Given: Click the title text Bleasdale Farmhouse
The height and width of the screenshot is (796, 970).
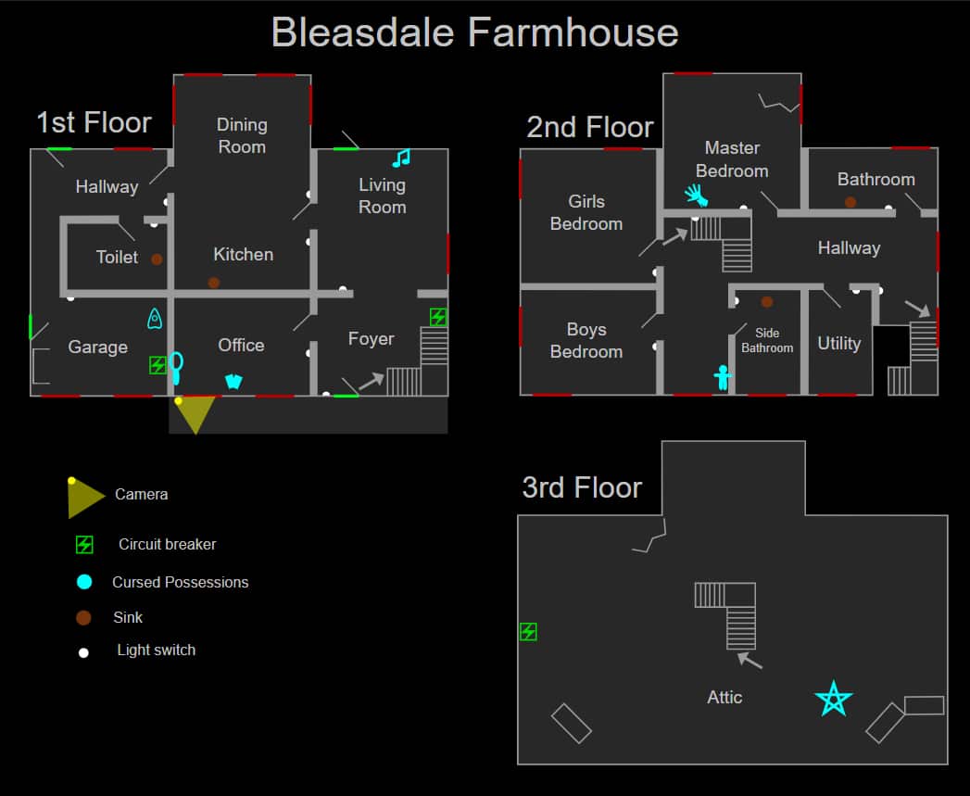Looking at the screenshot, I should click(x=474, y=32).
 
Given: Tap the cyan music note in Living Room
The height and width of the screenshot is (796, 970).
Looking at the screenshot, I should click(x=401, y=158).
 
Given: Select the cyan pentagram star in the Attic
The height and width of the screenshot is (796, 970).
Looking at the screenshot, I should click(x=833, y=699).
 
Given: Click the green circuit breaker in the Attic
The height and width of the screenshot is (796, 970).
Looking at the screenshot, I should click(x=528, y=632).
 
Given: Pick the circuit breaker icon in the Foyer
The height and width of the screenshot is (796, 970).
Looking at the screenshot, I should click(x=437, y=317).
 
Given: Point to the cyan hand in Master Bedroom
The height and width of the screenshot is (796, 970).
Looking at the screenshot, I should click(x=696, y=194).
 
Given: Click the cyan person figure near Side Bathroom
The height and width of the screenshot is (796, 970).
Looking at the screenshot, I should click(x=723, y=377).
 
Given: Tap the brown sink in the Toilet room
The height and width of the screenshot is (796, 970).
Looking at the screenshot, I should click(x=157, y=259).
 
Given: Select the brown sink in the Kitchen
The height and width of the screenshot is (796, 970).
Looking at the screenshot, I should click(x=214, y=283).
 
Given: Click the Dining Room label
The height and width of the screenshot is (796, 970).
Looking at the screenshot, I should click(x=242, y=135).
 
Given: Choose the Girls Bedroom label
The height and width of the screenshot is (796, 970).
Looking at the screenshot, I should click(x=586, y=212).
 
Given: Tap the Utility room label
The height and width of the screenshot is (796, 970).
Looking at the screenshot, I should click(x=838, y=343).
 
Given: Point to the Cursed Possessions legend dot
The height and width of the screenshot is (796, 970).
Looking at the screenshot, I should click(x=84, y=582).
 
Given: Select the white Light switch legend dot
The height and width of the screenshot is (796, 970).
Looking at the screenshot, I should click(x=83, y=652).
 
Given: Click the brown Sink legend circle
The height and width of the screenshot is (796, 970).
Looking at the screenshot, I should click(x=83, y=617).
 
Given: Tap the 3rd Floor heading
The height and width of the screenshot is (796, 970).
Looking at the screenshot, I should click(x=582, y=487).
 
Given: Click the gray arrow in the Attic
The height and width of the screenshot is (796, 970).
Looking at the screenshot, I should click(x=750, y=661).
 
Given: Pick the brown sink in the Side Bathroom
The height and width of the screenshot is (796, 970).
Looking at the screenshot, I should click(x=766, y=301).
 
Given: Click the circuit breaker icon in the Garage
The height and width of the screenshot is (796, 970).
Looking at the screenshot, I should click(x=157, y=365).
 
